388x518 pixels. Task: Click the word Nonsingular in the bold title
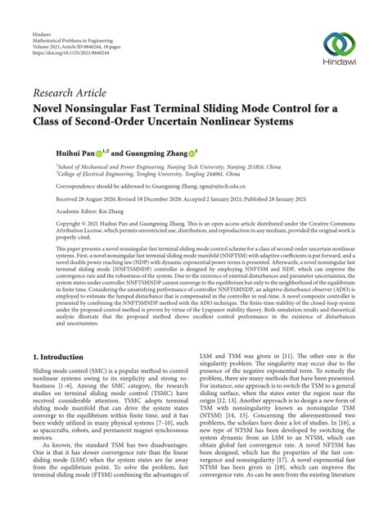pos(104,107)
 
